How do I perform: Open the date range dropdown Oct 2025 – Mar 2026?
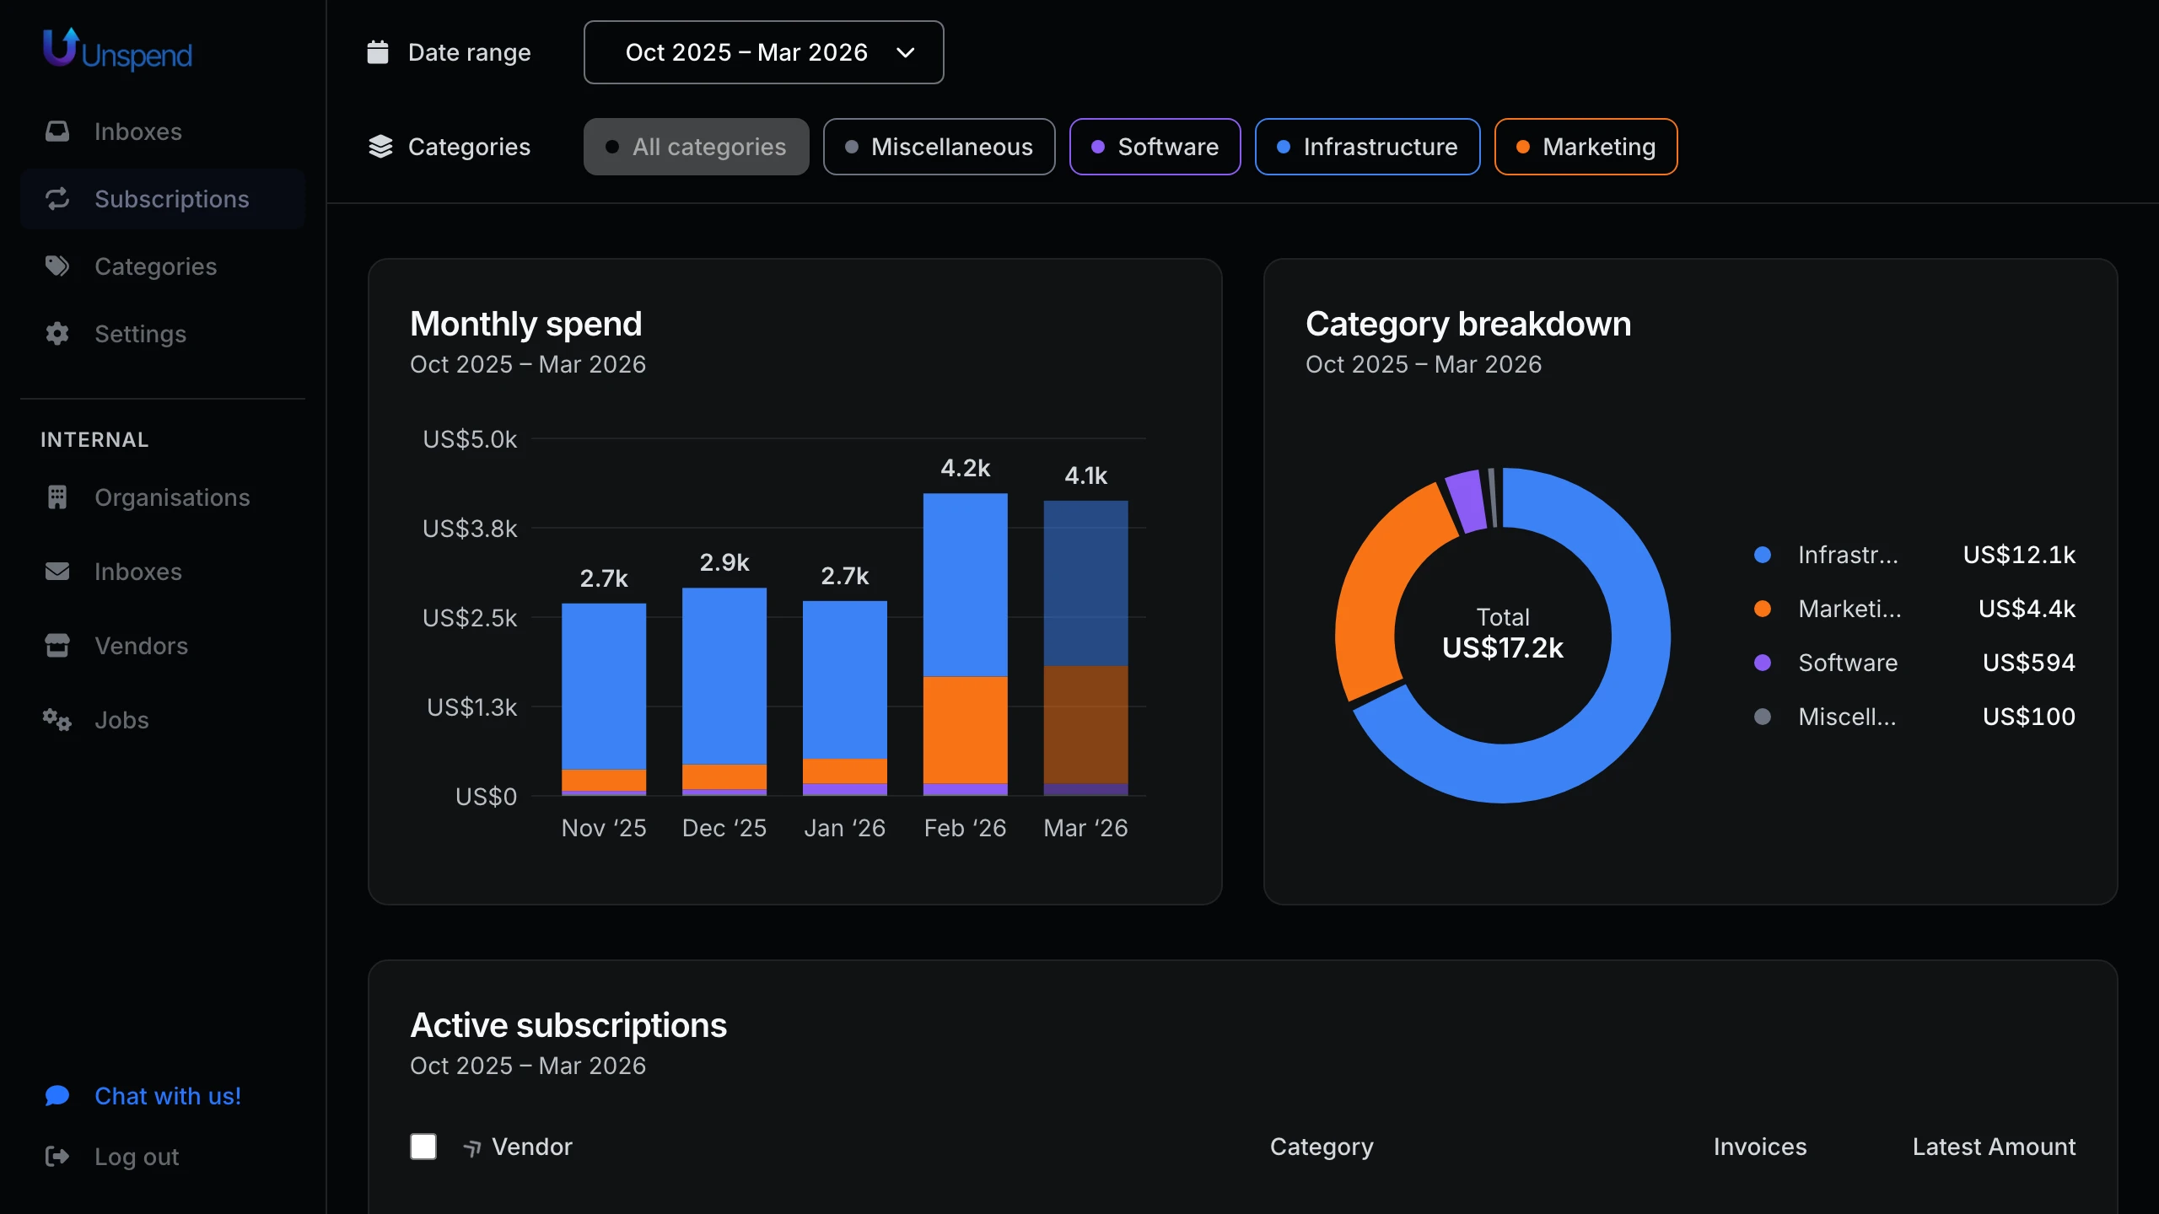pos(763,52)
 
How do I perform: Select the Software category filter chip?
pos(1155,147)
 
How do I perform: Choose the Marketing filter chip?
pos(1586,147)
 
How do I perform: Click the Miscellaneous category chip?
pos(939,147)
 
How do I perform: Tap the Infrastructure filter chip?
pos(1367,147)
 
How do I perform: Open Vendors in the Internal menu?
pos(141,646)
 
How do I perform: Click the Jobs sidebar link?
pos(121,720)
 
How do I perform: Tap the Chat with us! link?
pos(167,1096)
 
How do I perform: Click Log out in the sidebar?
pos(136,1157)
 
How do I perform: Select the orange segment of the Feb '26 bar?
pos(965,729)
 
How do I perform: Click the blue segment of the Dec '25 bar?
pos(724,674)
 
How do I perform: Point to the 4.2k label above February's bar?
pos(965,468)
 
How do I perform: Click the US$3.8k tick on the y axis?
pos(470,529)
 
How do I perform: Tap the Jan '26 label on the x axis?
pos(844,828)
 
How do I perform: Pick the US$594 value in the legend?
pos(2028,663)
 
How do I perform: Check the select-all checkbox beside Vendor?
pos(423,1147)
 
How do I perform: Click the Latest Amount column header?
pos(1993,1147)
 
